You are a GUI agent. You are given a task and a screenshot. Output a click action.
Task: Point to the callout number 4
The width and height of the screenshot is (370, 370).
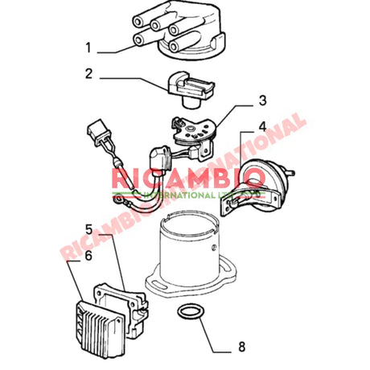click(262, 126)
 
